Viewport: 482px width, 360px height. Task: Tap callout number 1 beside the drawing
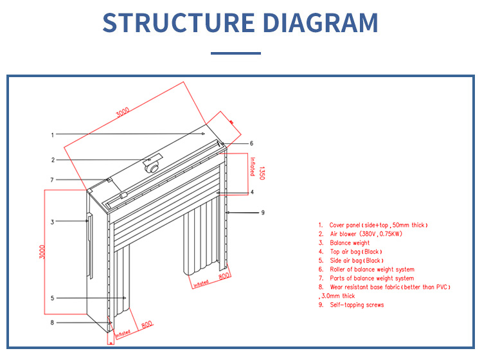coord(52,135)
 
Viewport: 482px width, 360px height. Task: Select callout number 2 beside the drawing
coord(53,160)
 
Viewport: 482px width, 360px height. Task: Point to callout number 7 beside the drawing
coord(52,179)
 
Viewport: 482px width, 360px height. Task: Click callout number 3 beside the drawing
coord(52,222)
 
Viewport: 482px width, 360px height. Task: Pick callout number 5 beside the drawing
coord(52,298)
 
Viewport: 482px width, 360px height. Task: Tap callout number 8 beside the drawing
coord(52,322)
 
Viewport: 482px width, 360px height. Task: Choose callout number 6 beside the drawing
coord(252,143)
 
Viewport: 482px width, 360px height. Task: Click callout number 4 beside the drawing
coord(252,192)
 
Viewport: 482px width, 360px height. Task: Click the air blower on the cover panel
coord(152,165)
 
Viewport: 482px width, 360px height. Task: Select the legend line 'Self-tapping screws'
coord(356,305)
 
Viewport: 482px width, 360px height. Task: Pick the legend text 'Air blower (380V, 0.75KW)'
coord(366,234)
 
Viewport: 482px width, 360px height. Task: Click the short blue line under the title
coord(236,53)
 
